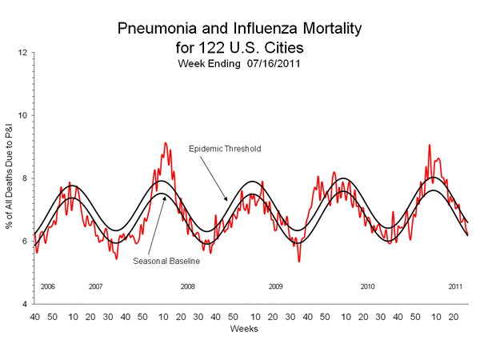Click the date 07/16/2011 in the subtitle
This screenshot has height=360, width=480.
(x=271, y=63)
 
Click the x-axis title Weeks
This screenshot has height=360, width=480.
(x=243, y=329)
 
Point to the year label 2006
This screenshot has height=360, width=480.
(x=46, y=286)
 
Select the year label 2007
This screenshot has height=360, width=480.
(x=96, y=286)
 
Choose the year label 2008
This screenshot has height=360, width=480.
(x=187, y=286)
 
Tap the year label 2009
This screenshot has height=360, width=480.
(x=276, y=286)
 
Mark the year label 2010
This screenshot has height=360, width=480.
(x=368, y=286)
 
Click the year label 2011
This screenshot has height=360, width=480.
(x=454, y=286)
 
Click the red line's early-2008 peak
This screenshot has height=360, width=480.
(x=166, y=143)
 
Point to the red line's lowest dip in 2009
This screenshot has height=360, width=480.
(x=299, y=261)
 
